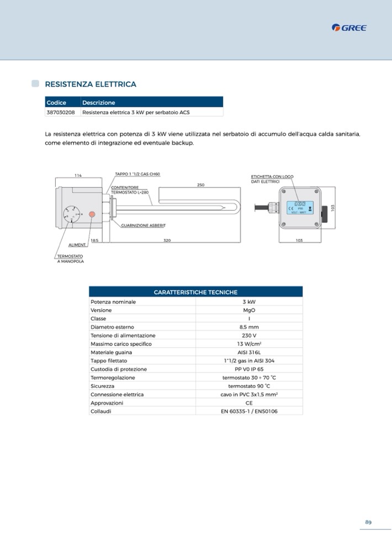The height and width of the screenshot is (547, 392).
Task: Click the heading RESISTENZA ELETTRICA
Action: [90, 84]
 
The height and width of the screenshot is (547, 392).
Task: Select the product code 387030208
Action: [61, 112]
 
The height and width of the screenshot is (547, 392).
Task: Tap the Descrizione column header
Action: [98, 103]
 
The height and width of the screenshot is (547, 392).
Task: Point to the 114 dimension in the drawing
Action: [78, 176]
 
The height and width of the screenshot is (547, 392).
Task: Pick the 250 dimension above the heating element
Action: [201, 185]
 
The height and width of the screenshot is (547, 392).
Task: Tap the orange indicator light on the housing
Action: [92, 213]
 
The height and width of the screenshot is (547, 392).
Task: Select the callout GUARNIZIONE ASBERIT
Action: [143, 226]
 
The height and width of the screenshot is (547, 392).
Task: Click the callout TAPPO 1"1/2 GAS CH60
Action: [137, 174]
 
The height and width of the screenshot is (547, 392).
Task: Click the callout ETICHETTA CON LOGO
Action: [272, 177]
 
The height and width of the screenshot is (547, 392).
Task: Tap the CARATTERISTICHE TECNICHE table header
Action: [195, 292]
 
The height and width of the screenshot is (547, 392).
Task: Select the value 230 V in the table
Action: [249, 336]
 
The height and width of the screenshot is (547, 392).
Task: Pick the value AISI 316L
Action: [249, 352]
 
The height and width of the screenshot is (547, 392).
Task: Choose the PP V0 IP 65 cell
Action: [249, 369]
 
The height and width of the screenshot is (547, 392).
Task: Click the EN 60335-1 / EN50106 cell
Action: [249, 411]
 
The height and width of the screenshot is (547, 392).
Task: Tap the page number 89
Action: [368, 522]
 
